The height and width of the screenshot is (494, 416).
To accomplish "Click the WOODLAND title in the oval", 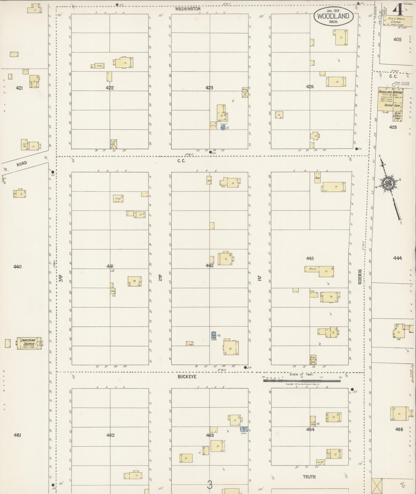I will tap(333, 16).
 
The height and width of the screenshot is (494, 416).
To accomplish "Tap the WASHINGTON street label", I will tap(187, 9).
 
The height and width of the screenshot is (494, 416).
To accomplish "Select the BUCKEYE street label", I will tap(187, 377).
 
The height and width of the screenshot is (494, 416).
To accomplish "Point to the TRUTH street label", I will tap(309, 477).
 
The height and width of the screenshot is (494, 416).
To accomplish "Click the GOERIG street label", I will tap(360, 276).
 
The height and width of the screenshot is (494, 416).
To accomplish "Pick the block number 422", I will tap(110, 88).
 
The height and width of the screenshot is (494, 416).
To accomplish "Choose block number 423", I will tap(209, 88).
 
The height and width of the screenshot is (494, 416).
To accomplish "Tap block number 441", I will tap(110, 266).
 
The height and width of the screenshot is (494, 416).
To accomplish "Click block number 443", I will tap(310, 258).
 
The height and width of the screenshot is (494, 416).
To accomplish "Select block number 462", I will tap(110, 435).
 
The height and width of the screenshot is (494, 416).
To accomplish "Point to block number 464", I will tap(310, 429).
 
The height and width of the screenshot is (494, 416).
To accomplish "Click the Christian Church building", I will tap(29, 343).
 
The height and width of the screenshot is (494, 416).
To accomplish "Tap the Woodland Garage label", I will tap(389, 92).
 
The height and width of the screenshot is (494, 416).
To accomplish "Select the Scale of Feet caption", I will tap(301, 374).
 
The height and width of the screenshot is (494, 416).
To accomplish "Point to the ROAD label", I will tap(22, 164).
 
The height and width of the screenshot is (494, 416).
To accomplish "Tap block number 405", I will tap(397, 40).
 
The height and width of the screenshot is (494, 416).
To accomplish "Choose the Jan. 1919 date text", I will tap(333, 11).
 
